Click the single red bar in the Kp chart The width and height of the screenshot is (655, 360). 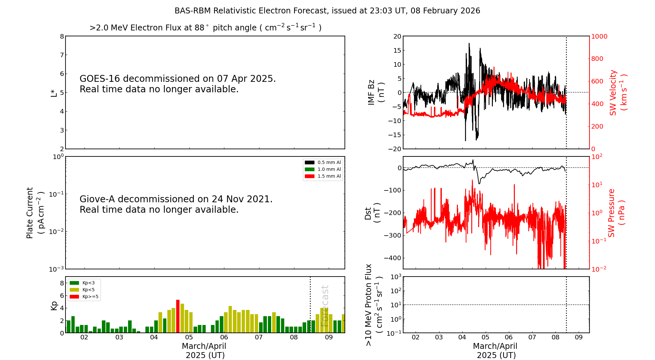pyautogui.click(x=178, y=316)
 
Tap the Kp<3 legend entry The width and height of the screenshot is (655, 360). pyautogui.click(x=82, y=283)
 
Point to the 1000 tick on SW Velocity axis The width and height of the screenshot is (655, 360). pyautogui.click(x=599, y=36)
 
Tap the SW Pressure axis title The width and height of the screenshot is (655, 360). pyautogui.click(x=616, y=213)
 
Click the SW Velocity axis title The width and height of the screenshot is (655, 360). pyautogui.click(x=618, y=92)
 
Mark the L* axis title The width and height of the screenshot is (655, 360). pyautogui.click(x=54, y=92)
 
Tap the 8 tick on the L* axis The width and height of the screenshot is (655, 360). pyautogui.click(x=62, y=36)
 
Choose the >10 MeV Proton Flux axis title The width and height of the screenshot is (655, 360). pyautogui.click(x=374, y=305)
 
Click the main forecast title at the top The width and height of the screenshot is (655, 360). pyautogui.click(x=327, y=11)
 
